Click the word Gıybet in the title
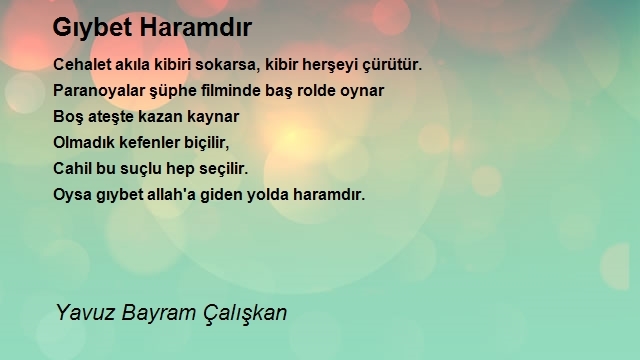tap(93, 28)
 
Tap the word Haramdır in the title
tap(196, 27)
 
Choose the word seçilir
tap(224, 169)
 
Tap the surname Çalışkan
tap(245, 313)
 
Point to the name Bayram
tap(159, 313)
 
